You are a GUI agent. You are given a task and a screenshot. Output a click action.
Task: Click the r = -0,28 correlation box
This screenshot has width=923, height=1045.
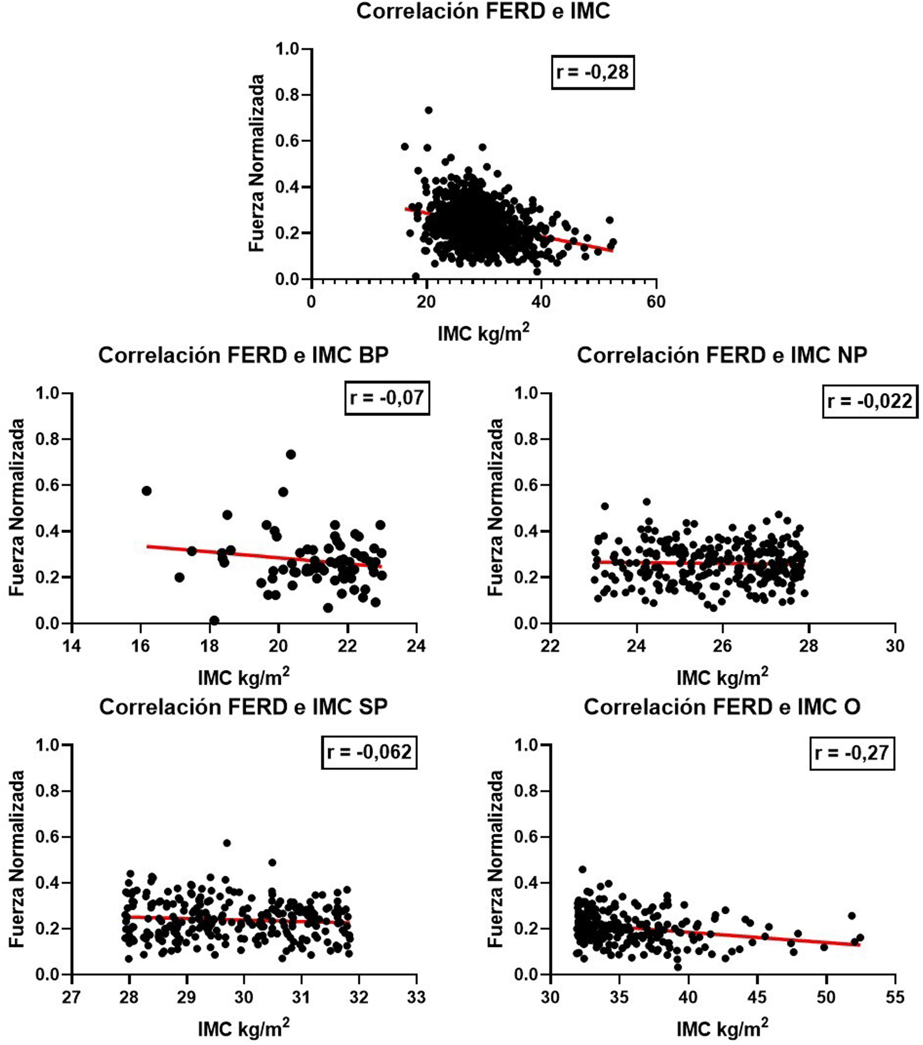point(592,72)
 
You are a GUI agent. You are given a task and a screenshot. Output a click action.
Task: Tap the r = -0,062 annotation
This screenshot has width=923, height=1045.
point(369,752)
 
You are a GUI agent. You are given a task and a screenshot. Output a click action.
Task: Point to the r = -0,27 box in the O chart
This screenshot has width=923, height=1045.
point(852,753)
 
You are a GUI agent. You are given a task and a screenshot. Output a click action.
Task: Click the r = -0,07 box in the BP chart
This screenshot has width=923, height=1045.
point(387,397)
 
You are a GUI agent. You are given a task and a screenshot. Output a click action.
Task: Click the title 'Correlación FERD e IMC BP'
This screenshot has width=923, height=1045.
point(243,355)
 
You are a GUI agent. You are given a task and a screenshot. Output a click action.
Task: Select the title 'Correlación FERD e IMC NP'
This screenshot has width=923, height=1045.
point(722,355)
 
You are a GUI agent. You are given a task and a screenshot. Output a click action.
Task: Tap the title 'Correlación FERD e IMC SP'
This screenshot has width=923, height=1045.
point(243,707)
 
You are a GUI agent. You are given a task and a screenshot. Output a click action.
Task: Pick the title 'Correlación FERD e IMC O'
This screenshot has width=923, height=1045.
point(722,707)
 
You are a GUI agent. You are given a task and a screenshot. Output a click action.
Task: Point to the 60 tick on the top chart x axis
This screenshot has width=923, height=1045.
point(656,302)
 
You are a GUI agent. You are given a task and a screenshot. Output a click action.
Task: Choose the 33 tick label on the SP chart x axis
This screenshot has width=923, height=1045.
point(417,997)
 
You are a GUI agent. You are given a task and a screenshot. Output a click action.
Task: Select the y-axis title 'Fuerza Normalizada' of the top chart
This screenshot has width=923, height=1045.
point(257,163)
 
